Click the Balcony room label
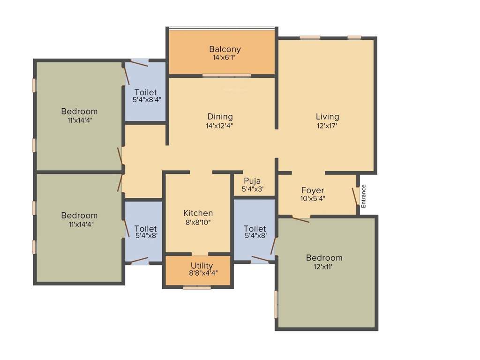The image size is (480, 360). [225, 49]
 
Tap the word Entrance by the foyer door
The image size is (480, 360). [364, 196]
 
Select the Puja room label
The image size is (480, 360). [252, 181]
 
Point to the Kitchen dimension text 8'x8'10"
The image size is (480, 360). [198, 222]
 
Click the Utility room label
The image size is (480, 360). [202, 266]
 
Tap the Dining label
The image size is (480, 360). [220, 117]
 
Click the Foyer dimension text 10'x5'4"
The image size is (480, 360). [313, 198]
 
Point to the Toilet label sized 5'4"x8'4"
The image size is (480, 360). [145, 92]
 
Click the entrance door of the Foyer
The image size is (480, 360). [355, 197]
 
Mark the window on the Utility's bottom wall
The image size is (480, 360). [197, 287]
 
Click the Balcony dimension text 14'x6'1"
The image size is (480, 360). [225, 58]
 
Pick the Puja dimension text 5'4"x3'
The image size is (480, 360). [252, 189]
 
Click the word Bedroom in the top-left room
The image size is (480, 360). [79, 112]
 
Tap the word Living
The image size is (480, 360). [327, 117]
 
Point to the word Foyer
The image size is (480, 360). [313, 190]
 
